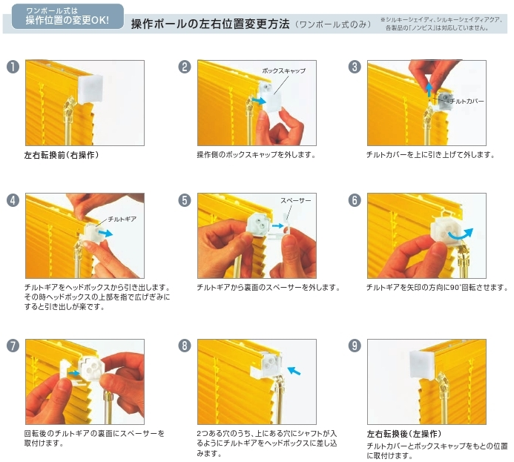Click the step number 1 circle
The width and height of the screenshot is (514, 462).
[x=13, y=67]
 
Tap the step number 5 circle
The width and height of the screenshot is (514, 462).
[x=185, y=200]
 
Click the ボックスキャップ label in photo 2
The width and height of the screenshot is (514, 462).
[x=283, y=70]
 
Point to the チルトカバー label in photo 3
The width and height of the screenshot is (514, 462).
[x=467, y=102]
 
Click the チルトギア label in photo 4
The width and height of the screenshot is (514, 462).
[x=122, y=219]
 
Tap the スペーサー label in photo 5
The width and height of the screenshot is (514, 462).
[x=296, y=200]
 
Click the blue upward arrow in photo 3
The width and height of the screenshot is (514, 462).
[x=429, y=90]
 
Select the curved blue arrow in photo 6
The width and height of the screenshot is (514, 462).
[x=461, y=234]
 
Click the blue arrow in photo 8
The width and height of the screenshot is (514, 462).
[x=294, y=371]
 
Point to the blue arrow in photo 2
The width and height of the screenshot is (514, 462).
[x=259, y=100]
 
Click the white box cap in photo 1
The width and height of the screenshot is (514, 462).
[x=90, y=88]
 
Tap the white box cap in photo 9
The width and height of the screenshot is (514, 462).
[x=422, y=363]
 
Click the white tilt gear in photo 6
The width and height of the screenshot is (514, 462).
[x=443, y=231]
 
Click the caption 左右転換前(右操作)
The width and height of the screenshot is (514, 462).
[x=62, y=155]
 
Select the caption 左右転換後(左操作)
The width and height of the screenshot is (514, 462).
[x=404, y=434]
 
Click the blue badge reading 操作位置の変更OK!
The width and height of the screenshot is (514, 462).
[x=67, y=16]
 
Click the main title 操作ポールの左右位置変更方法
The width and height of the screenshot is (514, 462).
[x=210, y=24]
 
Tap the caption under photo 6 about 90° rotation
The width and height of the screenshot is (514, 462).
[x=437, y=287]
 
